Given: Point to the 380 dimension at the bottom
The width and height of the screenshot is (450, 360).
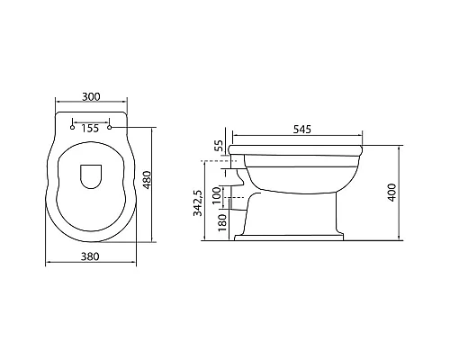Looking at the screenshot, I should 89,254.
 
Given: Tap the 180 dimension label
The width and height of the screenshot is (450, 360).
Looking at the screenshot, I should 217,221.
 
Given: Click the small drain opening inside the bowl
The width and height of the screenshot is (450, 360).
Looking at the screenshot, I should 90,176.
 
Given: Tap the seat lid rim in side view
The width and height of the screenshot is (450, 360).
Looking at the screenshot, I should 296,146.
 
